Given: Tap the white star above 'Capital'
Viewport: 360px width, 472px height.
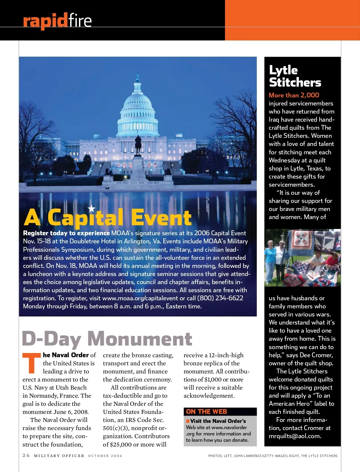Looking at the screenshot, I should point(91,208).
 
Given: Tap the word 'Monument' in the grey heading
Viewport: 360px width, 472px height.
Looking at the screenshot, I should point(139,339).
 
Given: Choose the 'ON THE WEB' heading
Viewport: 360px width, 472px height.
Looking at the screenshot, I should point(206,411).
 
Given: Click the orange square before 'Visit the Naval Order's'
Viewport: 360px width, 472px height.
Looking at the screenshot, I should point(188,421).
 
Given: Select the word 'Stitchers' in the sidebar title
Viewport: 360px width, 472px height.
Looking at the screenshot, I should point(295,82).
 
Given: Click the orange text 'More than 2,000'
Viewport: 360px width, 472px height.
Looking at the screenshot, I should point(294,95).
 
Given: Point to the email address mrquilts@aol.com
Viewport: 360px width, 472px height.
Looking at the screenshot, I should point(295,436).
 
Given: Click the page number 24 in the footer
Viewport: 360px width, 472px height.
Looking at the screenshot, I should point(26,456).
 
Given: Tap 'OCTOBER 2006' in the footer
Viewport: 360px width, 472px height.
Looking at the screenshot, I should point(105,456).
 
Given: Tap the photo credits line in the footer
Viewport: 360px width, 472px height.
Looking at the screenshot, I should point(273,456).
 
